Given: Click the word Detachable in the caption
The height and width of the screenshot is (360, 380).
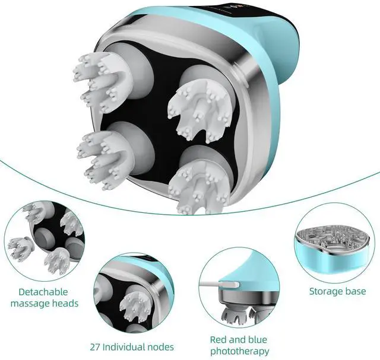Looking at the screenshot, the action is pos(43,292).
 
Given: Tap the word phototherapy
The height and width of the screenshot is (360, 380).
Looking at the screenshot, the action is pos(239,351).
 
